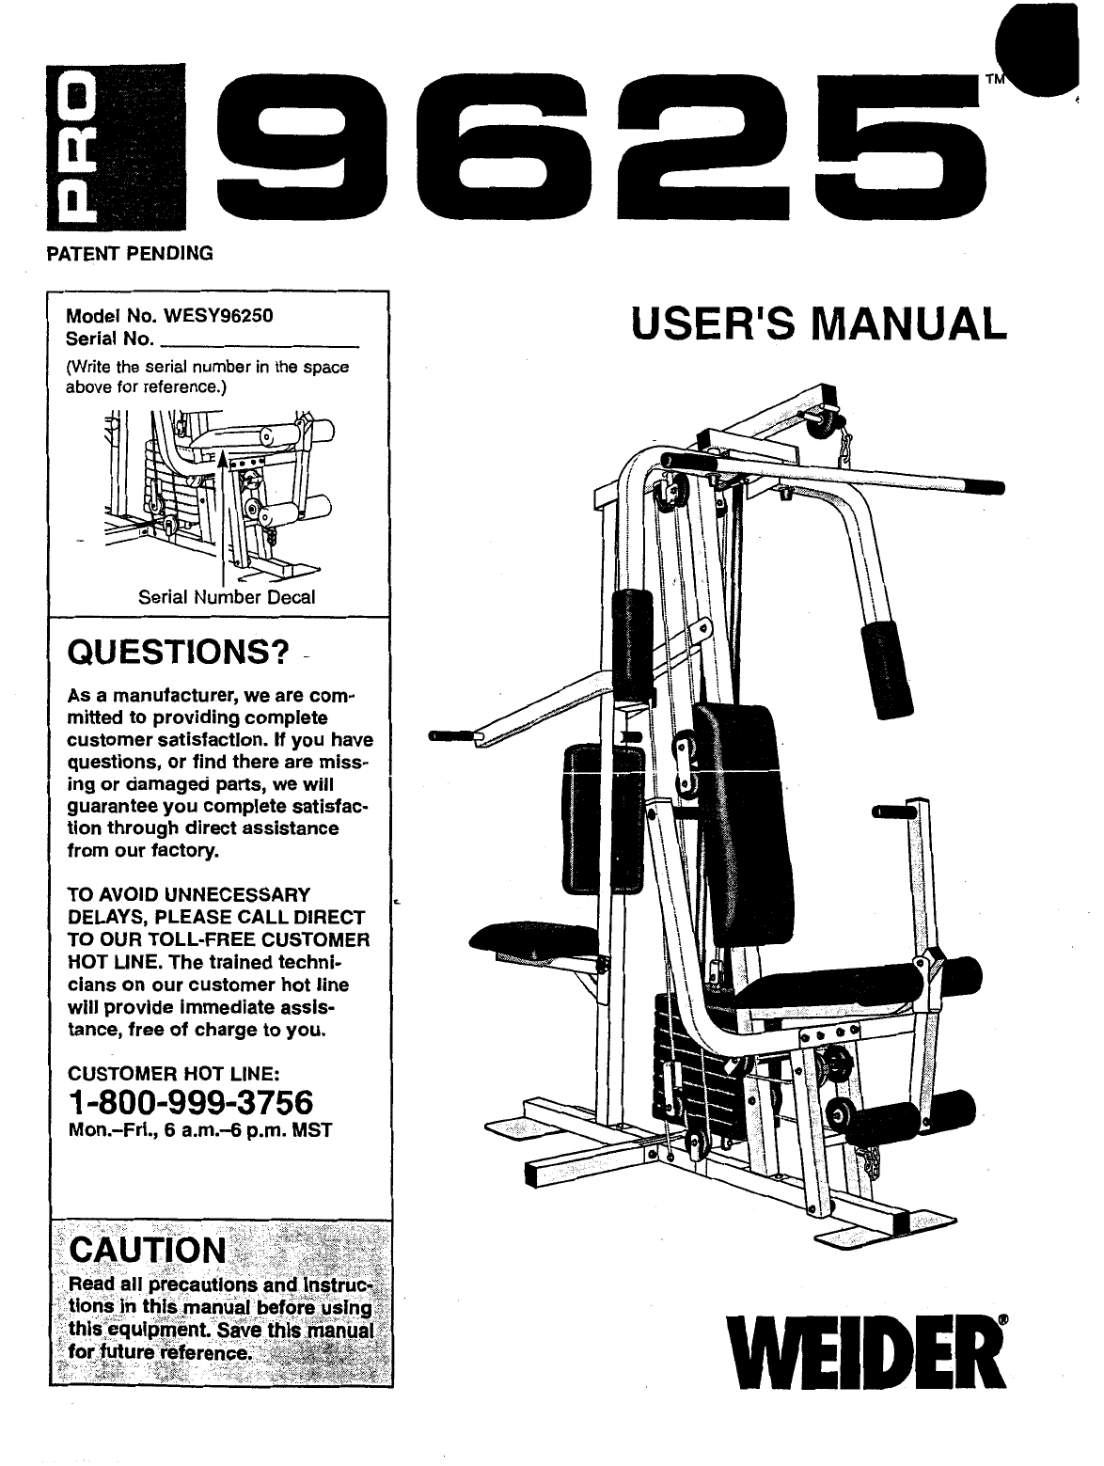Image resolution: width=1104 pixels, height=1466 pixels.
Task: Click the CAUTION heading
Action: [x=149, y=1250]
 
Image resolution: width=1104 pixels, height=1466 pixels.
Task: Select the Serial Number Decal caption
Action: [x=227, y=597]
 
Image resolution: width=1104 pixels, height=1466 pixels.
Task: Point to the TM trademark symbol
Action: [x=994, y=80]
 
